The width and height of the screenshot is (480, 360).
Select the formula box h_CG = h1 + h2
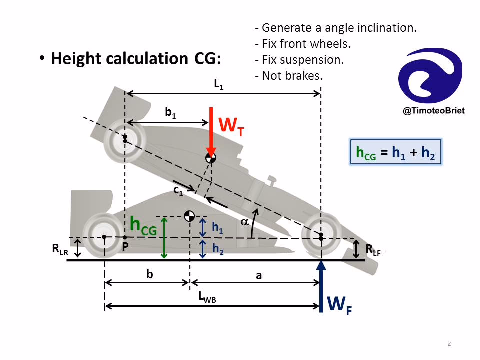pos(396,152)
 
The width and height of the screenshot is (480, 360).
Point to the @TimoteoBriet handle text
pos(433,111)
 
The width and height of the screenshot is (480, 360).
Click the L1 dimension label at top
pos(219,85)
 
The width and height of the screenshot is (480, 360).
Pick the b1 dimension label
pos(170,113)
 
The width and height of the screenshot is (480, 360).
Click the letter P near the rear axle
pos(125,247)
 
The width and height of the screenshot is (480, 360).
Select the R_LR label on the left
pos(60,250)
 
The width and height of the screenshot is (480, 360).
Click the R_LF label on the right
pos(373,250)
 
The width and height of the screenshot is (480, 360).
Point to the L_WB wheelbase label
pos(207,298)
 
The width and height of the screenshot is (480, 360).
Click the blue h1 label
pos(217,228)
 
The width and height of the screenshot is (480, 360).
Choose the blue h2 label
pos(217,250)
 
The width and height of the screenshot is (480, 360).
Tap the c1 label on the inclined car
pos(178,190)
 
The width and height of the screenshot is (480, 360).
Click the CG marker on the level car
pos(189,216)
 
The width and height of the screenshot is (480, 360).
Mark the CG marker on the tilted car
pos(211,158)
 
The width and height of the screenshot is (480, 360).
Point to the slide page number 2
pos(449,343)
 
